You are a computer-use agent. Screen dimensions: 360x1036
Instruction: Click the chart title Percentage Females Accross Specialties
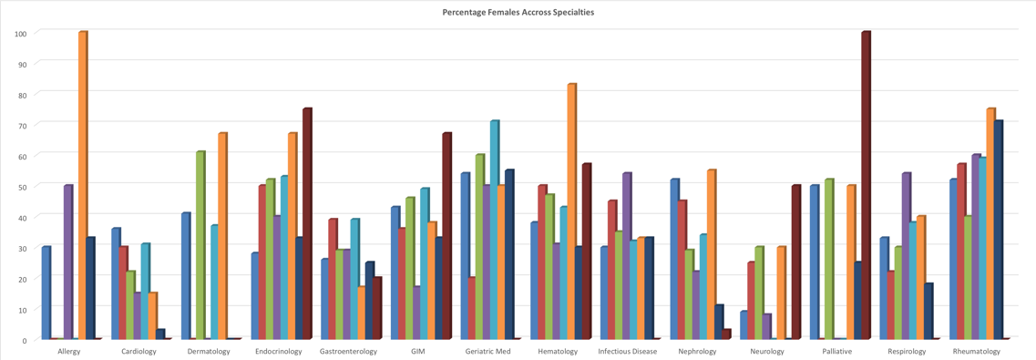pyautogui.click(x=518, y=13)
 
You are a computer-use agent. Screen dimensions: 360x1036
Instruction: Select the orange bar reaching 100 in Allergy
pyautogui.click(x=83, y=182)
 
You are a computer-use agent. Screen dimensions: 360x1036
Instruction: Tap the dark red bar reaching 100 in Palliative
pyautogui.click(x=866, y=182)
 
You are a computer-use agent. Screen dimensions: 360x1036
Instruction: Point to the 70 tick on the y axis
pyautogui.click(x=20, y=126)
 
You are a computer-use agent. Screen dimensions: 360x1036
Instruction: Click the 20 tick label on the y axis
pyautogui.click(x=20, y=280)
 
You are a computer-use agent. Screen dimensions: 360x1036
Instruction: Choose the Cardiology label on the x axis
pyautogui.click(x=138, y=352)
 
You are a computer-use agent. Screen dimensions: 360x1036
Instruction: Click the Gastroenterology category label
pyautogui.click(x=348, y=352)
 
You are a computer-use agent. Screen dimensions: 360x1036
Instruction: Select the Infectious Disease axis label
pyautogui.click(x=628, y=352)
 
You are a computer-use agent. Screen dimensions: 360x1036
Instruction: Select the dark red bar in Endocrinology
pyautogui.click(x=307, y=223)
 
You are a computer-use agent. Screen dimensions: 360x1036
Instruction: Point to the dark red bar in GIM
pyautogui.click(x=446, y=236)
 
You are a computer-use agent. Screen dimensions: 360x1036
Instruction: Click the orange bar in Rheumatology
pyautogui.click(x=990, y=223)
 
